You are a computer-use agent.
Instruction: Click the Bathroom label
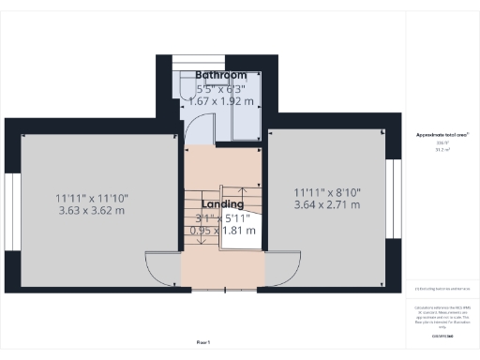click(x=221, y=75)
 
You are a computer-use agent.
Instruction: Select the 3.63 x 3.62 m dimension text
click(x=91, y=211)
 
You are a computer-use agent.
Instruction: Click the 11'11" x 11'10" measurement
click(x=91, y=198)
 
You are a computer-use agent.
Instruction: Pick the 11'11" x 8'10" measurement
click(x=326, y=191)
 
